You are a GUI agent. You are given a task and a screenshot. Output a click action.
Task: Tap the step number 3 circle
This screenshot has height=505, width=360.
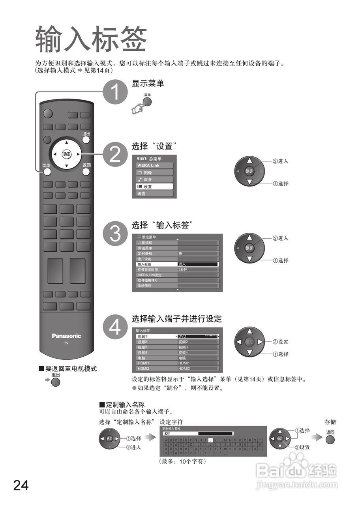[115, 234]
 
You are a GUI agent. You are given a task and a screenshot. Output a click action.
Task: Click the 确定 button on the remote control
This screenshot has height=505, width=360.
[67, 154]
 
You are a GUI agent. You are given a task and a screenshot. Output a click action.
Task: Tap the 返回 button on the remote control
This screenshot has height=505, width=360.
[86, 172]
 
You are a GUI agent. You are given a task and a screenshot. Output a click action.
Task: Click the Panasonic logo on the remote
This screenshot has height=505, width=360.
[66, 336]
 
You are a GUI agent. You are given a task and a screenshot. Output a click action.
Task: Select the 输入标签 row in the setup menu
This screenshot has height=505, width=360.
[157, 264]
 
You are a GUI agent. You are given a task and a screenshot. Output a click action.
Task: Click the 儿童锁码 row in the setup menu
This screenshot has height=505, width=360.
[157, 243]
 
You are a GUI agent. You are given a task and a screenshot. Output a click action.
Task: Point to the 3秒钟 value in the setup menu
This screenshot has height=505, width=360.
[197, 269]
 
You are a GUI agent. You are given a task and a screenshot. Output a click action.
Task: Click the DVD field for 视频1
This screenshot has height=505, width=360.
[197, 337]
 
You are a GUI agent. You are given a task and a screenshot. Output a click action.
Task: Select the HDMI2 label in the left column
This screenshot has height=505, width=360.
[156, 368]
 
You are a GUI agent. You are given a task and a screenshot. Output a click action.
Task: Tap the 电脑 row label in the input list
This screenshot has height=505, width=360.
[156, 358]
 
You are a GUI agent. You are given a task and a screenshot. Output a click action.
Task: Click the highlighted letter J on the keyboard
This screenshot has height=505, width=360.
[211, 440]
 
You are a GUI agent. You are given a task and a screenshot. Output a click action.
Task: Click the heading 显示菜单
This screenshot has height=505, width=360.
[148, 83]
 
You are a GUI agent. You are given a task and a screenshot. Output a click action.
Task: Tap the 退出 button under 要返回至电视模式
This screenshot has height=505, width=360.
[56, 382]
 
